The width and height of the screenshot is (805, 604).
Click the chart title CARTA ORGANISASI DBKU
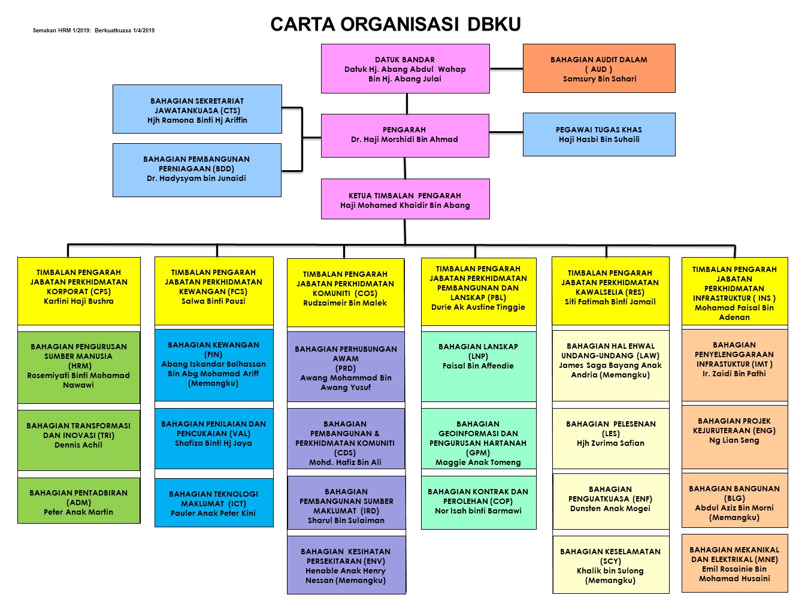pyautogui.click(x=395, y=24)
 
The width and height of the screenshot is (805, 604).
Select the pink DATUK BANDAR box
pyautogui.click(x=405, y=68)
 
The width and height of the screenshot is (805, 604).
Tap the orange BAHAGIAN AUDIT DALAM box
pyautogui.click(x=599, y=68)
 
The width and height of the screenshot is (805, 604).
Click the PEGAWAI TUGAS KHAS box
pyautogui.click(x=599, y=134)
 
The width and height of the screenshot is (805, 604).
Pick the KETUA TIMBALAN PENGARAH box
pyautogui.click(x=405, y=200)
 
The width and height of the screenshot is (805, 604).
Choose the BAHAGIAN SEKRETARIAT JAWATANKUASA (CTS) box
pyautogui.click(x=197, y=109)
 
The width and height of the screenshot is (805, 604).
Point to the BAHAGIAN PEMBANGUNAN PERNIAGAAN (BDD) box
pyautogui.click(x=196, y=170)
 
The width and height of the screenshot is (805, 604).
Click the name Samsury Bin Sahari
pyautogui.click(x=600, y=79)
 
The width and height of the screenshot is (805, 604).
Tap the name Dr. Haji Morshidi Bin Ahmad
pyautogui.click(x=404, y=140)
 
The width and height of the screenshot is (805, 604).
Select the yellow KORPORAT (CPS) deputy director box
pyautogui.click(x=78, y=291)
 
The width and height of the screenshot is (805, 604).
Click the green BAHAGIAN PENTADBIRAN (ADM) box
pyautogui.click(x=78, y=501)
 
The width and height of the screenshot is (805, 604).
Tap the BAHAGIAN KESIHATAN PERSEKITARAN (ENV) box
pyautogui.click(x=346, y=564)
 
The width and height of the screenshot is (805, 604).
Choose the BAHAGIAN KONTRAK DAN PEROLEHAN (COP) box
pyautogui.click(x=478, y=502)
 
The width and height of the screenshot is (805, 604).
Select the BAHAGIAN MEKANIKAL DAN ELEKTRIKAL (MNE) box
pyautogui.click(x=734, y=563)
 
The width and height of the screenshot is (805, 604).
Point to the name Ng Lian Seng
pyautogui.click(x=734, y=440)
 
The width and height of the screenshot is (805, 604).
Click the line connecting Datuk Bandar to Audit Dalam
pyautogui.click(x=506, y=69)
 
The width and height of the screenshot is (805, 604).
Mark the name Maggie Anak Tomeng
pyautogui.click(x=478, y=463)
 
